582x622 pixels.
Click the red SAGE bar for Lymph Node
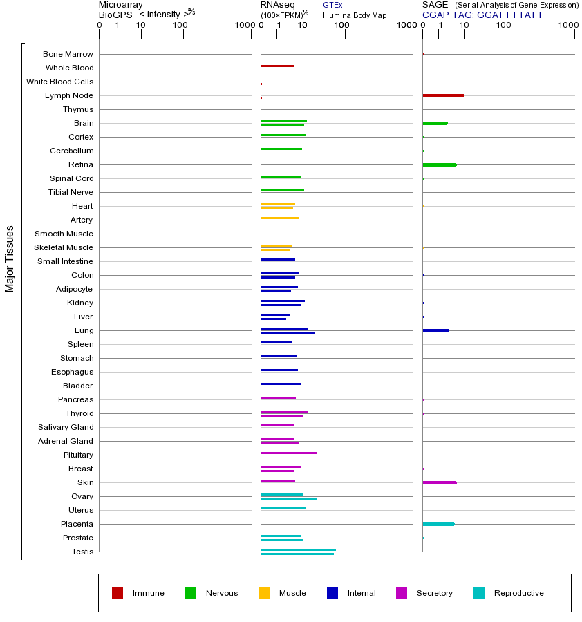click(x=443, y=95)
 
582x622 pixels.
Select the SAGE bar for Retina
click(x=440, y=164)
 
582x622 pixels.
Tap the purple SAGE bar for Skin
click(x=440, y=482)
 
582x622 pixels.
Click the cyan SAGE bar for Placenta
click(x=438, y=524)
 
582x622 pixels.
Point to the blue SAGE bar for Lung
click(x=435, y=330)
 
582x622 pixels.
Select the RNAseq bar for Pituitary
click(x=288, y=453)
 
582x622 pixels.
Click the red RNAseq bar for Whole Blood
click(x=277, y=66)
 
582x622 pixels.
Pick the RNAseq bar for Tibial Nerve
click(x=282, y=190)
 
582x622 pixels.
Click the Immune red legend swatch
click(x=118, y=593)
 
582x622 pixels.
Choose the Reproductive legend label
click(x=518, y=593)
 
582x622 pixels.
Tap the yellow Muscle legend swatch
click(x=264, y=593)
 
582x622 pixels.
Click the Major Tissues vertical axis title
click(x=10, y=258)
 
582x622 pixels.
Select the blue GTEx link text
click(x=332, y=5)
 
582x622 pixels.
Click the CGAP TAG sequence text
click(x=482, y=15)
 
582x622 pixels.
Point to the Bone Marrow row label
click(x=68, y=54)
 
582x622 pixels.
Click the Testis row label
click(x=82, y=552)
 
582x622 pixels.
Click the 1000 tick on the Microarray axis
click(x=244, y=26)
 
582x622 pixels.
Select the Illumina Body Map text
click(x=355, y=15)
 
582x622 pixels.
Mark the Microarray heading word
click(x=121, y=5)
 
